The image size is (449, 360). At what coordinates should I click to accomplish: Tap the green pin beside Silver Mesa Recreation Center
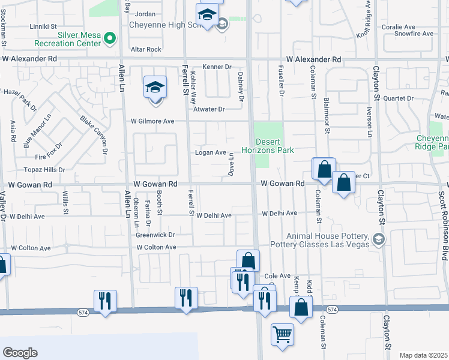pyautogui.click(x=109, y=39)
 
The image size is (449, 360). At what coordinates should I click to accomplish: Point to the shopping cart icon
pyautogui.click(x=282, y=334)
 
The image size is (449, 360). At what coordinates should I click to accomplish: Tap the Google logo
pyautogui.click(x=20, y=353)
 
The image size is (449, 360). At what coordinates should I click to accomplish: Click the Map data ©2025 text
pyautogui.click(x=423, y=355)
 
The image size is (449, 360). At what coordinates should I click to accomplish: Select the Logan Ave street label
pyautogui.click(x=210, y=152)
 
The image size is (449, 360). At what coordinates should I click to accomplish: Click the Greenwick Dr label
pyautogui.click(x=154, y=235)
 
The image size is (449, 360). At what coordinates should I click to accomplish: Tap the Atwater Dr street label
pyautogui.click(x=208, y=109)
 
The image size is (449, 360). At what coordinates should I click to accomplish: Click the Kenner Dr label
pyautogui.click(x=217, y=67)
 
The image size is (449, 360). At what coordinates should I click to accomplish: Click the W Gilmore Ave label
pyautogui.click(x=153, y=121)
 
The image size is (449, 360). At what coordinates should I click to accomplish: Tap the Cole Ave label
pyautogui.click(x=277, y=275)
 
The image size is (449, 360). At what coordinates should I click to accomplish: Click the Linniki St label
pyautogui.click(x=43, y=26)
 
